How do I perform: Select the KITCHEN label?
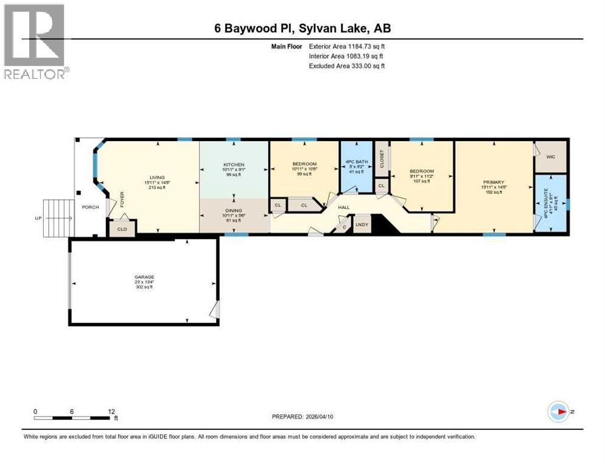coord(233,165)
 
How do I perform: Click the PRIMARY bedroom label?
coord(494,182)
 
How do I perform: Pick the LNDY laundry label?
coord(361,224)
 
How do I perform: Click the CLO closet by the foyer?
coord(121,227)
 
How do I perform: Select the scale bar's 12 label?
coord(111,411)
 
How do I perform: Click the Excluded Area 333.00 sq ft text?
coord(347,66)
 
